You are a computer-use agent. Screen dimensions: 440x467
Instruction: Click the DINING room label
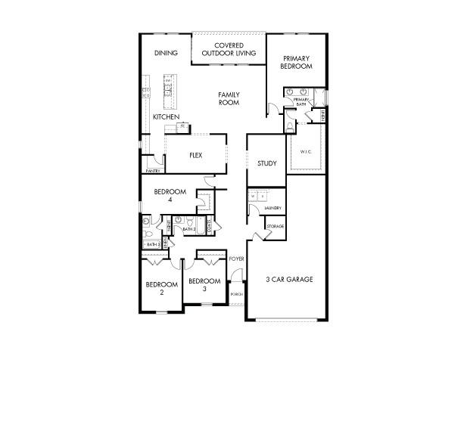166,53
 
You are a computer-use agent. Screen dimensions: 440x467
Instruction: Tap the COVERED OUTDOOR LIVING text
228,49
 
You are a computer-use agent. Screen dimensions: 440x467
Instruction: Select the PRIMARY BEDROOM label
296,62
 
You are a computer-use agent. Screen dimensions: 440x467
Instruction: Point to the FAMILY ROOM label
229,98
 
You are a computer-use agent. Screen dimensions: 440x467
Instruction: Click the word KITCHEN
166,117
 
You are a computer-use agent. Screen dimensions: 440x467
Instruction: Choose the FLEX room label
195,155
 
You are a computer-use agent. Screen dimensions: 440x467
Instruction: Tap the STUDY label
266,163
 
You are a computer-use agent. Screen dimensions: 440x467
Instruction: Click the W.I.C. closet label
306,152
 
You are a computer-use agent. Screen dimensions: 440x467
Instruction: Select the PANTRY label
152,171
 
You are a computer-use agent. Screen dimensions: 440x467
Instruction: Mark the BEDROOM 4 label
170,196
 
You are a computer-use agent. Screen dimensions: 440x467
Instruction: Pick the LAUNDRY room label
273,209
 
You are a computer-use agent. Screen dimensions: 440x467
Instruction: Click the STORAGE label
275,226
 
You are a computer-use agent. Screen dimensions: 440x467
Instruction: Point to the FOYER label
237,259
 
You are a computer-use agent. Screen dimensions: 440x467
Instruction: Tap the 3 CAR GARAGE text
289,279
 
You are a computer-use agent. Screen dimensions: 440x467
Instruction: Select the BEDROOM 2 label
161,288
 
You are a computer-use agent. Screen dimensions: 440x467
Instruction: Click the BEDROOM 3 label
204,285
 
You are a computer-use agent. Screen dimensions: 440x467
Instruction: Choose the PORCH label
236,294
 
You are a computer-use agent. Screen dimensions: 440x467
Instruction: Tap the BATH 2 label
188,229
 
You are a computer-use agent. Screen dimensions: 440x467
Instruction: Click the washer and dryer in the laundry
257,196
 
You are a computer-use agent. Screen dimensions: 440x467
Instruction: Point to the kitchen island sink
169,89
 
